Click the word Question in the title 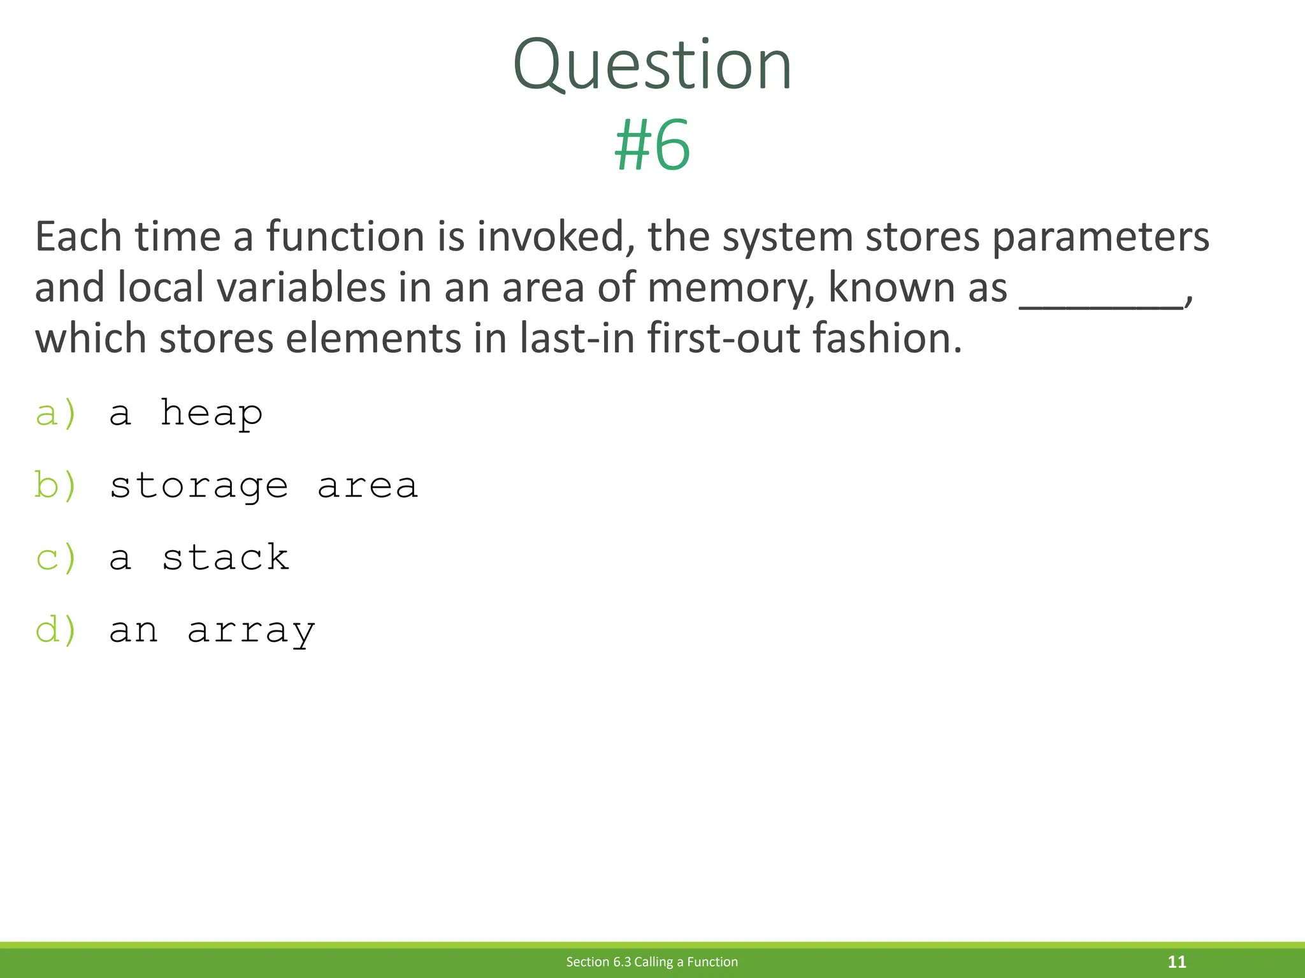tap(652, 65)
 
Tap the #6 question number tap(652, 146)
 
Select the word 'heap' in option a tap(211, 414)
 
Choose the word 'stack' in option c tap(226, 558)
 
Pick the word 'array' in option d tap(251, 631)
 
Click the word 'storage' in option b tap(199, 486)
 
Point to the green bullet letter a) tap(56, 414)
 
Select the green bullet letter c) tap(56, 558)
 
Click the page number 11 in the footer tap(1176, 961)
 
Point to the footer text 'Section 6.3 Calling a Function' tap(652, 961)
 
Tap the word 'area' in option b tap(368, 486)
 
